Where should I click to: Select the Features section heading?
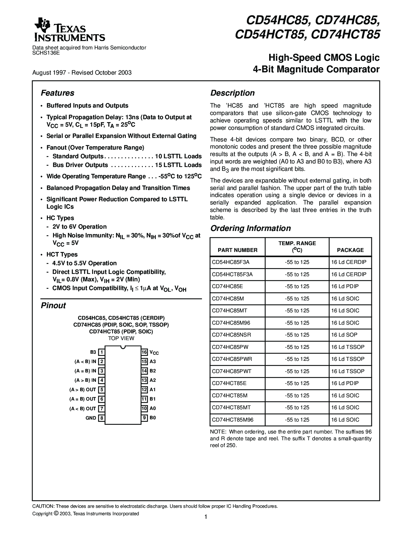pos(58,93)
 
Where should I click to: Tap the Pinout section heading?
pos(53,306)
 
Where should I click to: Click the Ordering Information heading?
pos(250,228)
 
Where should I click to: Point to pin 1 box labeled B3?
pos(101,352)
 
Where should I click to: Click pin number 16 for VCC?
pos(144,352)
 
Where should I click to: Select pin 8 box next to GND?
pos(101,418)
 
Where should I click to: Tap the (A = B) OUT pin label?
pos(83,399)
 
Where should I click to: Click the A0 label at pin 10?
pos(153,408)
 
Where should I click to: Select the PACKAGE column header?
pos(350,250)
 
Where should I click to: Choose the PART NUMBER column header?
pos(238,250)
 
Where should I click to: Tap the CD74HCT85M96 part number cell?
pos(233,420)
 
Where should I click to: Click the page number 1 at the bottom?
pos(206,517)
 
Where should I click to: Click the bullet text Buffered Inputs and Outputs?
pos(87,106)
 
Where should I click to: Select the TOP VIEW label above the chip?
pos(121,339)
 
